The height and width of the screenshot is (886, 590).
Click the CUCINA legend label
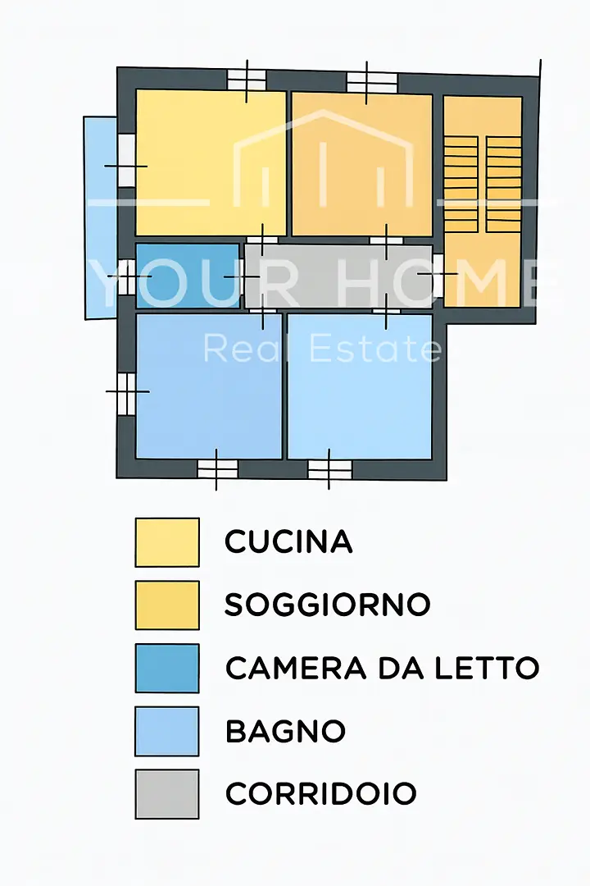coord(288,541)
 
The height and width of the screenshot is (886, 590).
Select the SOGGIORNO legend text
coord(327,605)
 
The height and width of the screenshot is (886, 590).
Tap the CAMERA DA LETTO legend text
coord(382,668)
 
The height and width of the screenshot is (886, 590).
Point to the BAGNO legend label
coord(285,731)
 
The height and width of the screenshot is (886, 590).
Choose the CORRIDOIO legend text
coord(320,793)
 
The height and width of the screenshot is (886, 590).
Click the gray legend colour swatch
coord(167,793)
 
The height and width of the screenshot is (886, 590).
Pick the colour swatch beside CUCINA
coord(167,541)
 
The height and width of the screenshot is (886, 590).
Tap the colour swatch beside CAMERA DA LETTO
coord(167,668)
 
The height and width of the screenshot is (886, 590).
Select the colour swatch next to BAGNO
coord(167,731)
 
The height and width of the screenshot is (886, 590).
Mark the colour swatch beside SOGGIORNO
coord(167,605)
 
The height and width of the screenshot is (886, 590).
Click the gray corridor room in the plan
coord(338,276)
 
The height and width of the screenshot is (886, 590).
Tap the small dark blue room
coord(187,276)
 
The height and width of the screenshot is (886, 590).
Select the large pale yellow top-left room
coord(210,162)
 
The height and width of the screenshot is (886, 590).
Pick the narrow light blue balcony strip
coord(100,217)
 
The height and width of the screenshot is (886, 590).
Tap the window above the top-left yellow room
coord(247,80)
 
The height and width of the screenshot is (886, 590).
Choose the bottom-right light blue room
coord(359,386)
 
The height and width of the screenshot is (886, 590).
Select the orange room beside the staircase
coord(361,164)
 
